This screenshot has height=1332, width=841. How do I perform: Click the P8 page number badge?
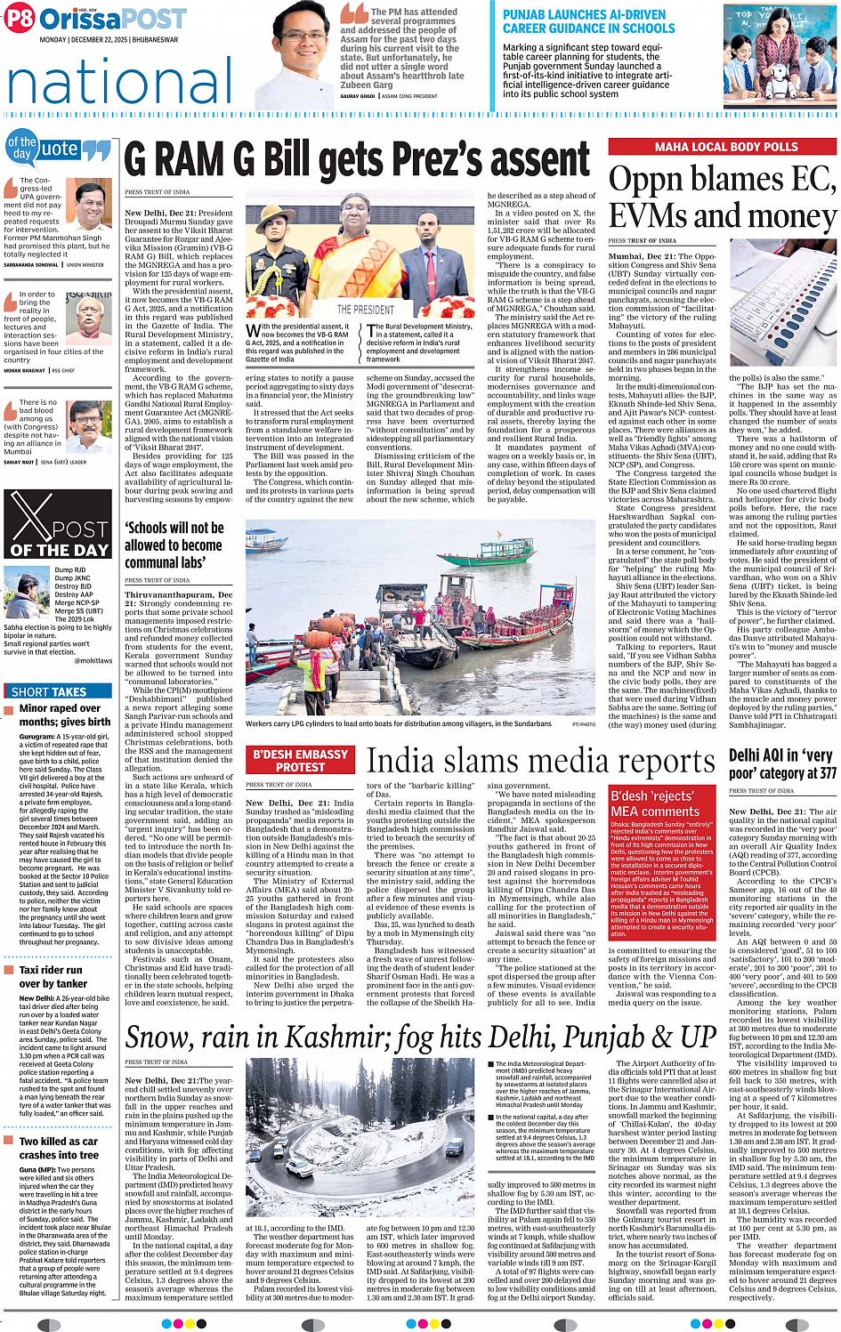[x=19, y=18]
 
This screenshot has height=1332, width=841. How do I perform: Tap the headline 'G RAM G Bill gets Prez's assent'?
[x=357, y=160]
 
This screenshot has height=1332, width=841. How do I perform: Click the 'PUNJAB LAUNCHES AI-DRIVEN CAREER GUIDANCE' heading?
[x=588, y=21]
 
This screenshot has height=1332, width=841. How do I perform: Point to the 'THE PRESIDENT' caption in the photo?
[x=365, y=310]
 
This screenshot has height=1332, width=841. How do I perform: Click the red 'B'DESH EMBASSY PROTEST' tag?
[x=300, y=761]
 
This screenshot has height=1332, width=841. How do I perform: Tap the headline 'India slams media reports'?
[x=541, y=762]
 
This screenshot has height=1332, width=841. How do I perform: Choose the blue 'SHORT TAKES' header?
[x=49, y=691]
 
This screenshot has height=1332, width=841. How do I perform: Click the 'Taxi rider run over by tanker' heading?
[x=52, y=976]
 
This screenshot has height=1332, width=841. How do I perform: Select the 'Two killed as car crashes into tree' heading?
[x=59, y=1148]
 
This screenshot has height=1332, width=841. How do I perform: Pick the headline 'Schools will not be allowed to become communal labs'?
[x=174, y=545]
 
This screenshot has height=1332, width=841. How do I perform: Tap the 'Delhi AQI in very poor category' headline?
[x=782, y=763]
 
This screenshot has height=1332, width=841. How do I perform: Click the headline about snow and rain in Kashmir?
[x=420, y=1037]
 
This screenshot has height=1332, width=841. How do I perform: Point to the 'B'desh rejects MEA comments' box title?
[x=655, y=803]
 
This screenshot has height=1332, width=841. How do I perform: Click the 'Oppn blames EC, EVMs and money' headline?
[x=722, y=198]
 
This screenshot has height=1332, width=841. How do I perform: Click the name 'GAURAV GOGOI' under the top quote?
[x=358, y=96]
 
